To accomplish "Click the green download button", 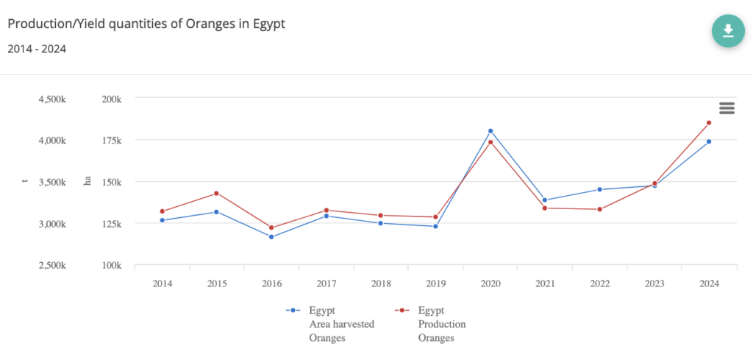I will [x=728, y=30].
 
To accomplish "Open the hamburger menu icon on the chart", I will [x=727, y=108].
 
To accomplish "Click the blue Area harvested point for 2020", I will [x=490, y=131].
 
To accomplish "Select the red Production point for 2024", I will [x=709, y=123].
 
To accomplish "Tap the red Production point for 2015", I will [x=217, y=194].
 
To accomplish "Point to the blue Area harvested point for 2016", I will [x=271, y=237].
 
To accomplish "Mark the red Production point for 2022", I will [x=600, y=209].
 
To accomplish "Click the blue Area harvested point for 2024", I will [x=709, y=141].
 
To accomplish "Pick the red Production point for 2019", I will [x=435, y=217].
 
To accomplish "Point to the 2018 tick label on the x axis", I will [x=381, y=283].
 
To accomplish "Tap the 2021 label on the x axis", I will [x=545, y=283].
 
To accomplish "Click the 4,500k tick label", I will [x=52, y=99].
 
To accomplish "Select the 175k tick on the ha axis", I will [x=111, y=141].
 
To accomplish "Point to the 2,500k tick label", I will [x=52, y=266].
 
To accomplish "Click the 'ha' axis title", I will [x=87, y=182].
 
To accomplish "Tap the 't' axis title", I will [x=25, y=182].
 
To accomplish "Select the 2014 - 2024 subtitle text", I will [x=38, y=49].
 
